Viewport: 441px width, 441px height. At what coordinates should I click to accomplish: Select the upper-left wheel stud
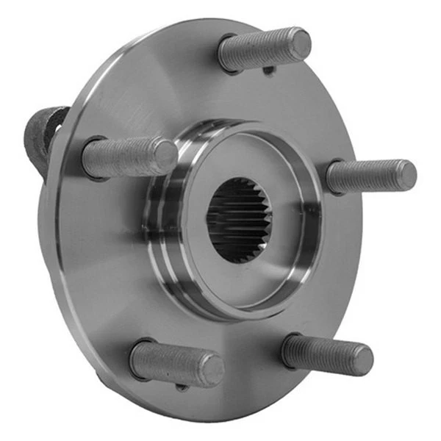tap(129, 157)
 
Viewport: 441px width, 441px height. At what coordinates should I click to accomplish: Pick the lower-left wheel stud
tap(176, 363)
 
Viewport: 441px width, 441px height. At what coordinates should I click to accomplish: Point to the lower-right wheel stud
tap(327, 354)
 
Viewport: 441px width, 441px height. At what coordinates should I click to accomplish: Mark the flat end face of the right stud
tap(404, 175)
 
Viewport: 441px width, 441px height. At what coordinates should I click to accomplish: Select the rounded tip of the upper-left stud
tap(165, 156)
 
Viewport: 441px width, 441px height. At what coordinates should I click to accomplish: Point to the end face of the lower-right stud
tap(360, 359)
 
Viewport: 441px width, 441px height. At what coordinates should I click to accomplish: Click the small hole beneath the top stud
tap(270, 71)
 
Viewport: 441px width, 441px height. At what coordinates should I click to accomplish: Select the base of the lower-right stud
tap(290, 347)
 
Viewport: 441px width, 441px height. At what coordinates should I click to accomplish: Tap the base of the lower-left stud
tap(138, 358)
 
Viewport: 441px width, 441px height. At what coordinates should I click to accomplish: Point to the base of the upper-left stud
tap(90, 158)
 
